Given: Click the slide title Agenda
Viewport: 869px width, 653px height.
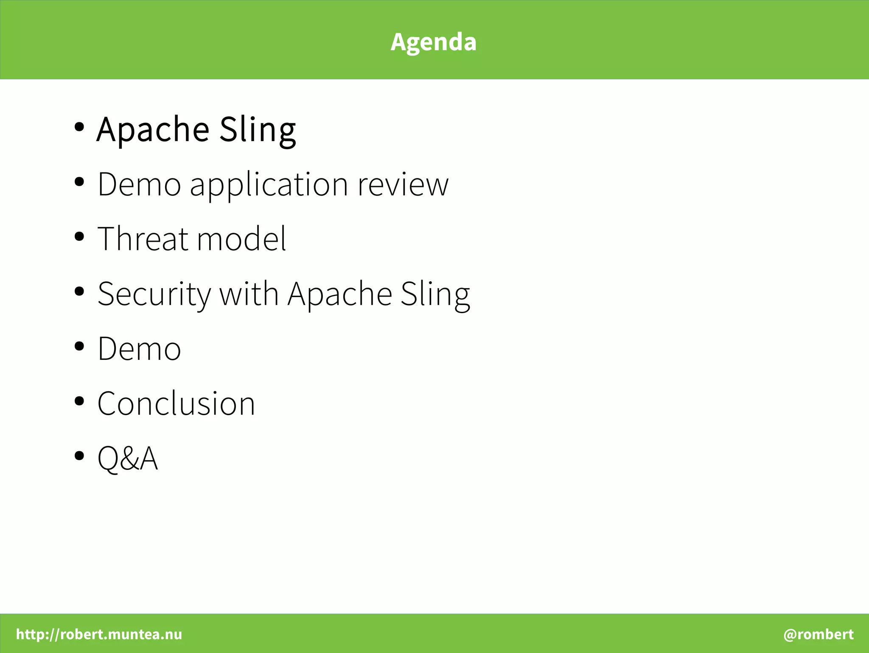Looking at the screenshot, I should pos(433,42).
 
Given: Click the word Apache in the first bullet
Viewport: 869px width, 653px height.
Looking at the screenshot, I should pos(153,129).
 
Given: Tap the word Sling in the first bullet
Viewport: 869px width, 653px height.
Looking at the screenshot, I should pos(258,129).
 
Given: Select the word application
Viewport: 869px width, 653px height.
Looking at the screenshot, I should pos(269,185).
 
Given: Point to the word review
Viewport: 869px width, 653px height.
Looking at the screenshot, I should pos(403,185).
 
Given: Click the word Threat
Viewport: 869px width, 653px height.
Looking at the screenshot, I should pos(143,239).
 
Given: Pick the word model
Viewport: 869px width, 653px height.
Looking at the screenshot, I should pos(241,239).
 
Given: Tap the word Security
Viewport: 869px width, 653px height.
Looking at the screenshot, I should pos(154,294).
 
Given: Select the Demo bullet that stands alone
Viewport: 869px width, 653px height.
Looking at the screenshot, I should pos(139,348).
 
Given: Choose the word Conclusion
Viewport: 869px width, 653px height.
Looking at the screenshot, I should pos(176,403).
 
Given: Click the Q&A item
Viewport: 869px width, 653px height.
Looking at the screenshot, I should pos(127,458).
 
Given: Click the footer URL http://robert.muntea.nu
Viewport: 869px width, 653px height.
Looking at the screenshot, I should pos(99,634).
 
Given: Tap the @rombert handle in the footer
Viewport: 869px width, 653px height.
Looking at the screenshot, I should pos(818,634).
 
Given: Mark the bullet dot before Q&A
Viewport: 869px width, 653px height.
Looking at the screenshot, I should pos(79,456).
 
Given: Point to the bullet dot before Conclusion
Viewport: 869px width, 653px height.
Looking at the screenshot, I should pos(79,401).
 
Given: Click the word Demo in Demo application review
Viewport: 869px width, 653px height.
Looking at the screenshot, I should pos(139,184).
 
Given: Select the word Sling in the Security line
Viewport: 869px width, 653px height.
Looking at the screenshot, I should pos(435,294).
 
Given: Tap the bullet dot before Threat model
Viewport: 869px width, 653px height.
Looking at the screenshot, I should pos(79,237).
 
